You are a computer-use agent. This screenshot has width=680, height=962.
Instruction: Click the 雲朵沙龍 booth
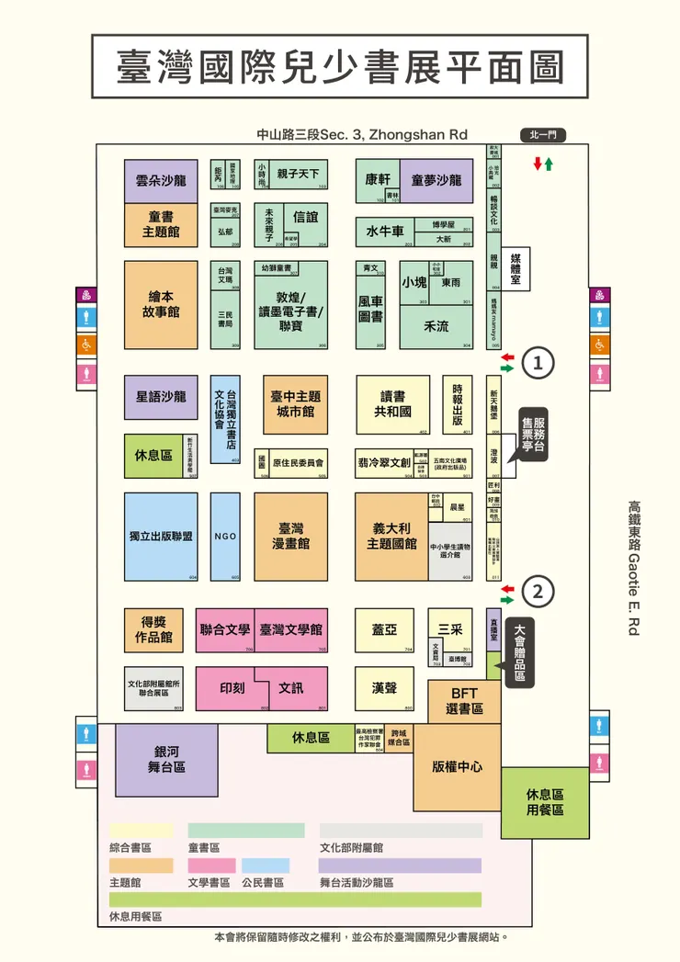pos(161,181)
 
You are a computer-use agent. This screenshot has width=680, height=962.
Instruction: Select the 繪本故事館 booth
pos(161,304)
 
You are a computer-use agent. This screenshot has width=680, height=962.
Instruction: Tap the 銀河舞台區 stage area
pos(166,759)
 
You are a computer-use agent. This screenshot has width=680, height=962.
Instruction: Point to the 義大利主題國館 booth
pos(391,537)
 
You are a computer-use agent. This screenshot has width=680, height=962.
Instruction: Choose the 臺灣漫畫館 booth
pos(290,537)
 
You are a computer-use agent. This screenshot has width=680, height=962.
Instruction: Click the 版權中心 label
pos(457,766)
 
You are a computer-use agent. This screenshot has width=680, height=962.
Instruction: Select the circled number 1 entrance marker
pos(538,362)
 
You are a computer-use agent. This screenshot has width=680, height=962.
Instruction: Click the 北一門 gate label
pos(543,135)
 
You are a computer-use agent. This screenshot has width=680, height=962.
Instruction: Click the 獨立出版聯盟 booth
pos(161,537)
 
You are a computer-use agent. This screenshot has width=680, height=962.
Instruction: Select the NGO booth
pos(225,537)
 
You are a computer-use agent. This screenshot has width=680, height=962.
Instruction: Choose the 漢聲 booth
pos(384,687)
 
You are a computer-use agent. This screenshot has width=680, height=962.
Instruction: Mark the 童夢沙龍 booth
pos(436,179)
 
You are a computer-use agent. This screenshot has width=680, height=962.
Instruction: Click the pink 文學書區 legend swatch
pos(211,866)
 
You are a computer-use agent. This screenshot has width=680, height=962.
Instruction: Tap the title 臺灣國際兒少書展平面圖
pos(340,66)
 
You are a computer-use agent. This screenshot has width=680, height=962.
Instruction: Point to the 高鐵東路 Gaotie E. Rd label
pos(633,567)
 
